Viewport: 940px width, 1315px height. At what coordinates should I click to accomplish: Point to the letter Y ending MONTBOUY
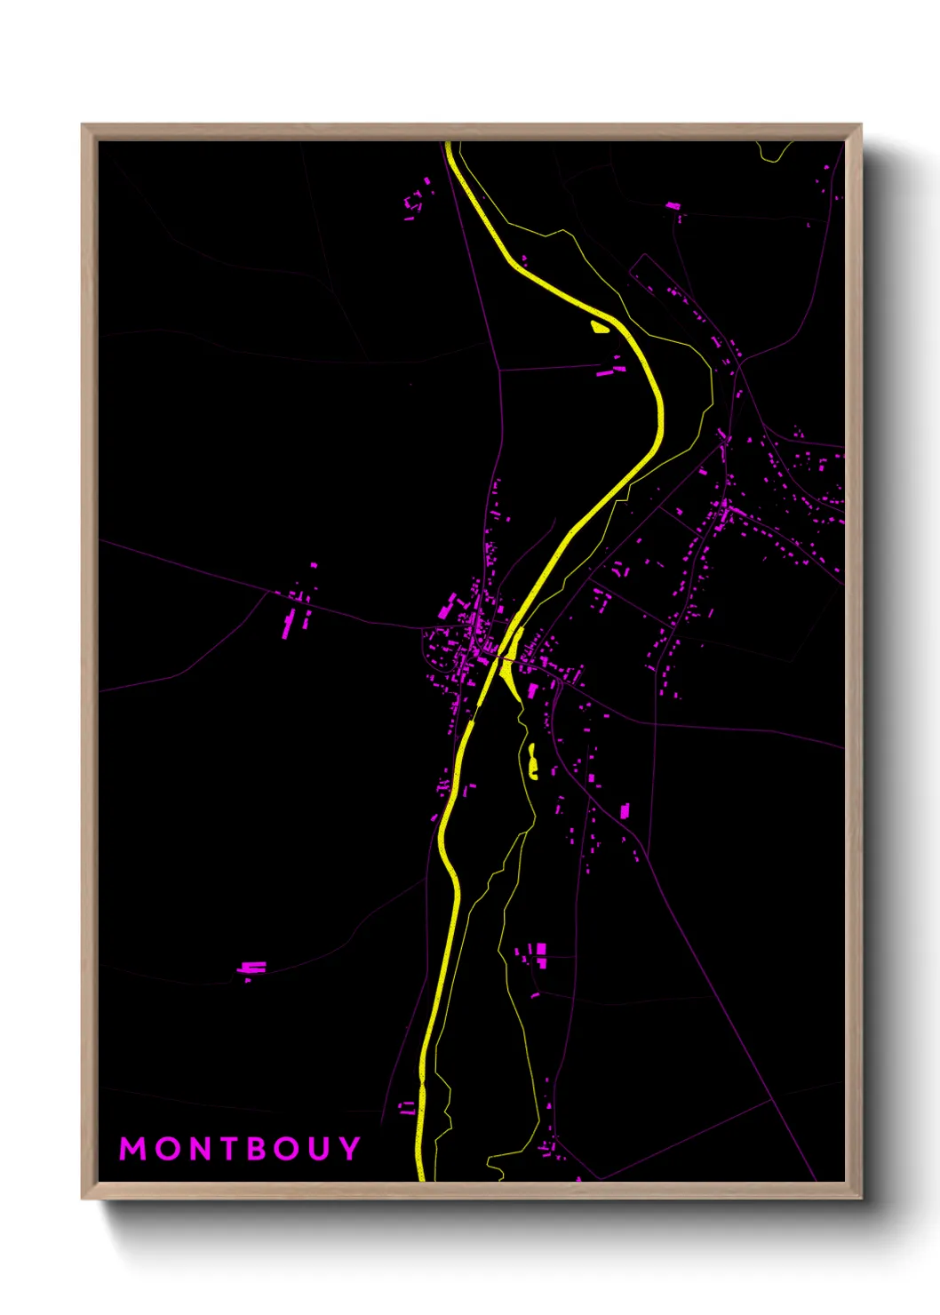pyautogui.click(x=349, y=1149)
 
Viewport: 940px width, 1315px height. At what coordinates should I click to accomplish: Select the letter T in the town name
pyautogui.click(x=226, y=1149)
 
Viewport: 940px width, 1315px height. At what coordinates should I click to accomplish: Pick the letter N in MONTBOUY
pyautogui.click(x=195, y=1149)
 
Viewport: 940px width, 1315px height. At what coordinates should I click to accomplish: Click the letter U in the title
pyautogui.click(x=320, y=1149)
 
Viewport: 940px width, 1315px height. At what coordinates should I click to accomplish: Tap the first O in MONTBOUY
pyautogui.click(x=164, y=1149)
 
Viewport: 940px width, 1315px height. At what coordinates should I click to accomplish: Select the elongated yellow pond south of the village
pyautogui.click(x=532, y=761)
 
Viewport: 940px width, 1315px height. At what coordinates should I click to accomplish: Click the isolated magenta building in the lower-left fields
pyautogui.click(x=252, y=968)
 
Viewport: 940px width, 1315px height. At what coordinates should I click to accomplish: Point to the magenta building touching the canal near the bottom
pyautogui.click(x=407, y=1108)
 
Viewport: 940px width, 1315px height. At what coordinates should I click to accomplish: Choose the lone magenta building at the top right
pyautogui.click(x=673, y=206)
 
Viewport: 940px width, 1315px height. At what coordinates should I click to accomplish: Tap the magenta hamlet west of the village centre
pyautogui.click(x=298, y=609)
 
